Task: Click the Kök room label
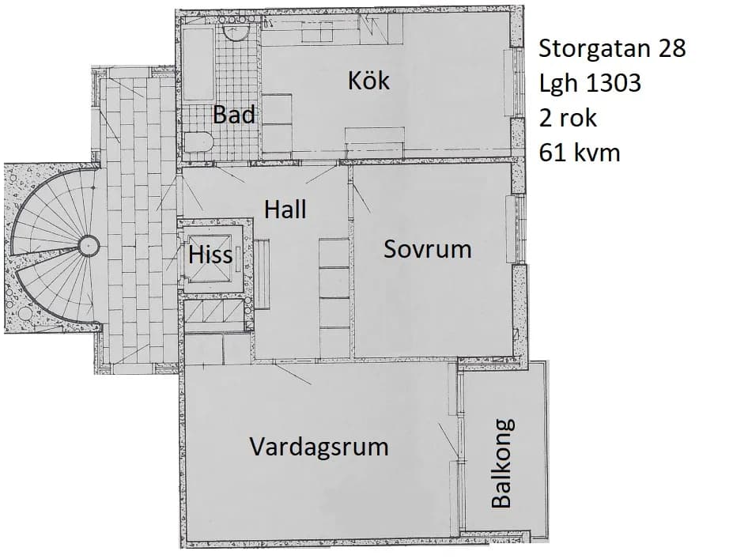(368, 80)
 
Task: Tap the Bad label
(235, 115)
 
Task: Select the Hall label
(285, 210)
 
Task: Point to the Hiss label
(210, 255)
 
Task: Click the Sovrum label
(427, 249)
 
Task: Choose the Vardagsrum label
(319, 447)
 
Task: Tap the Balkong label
(502, 463)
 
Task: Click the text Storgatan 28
(611, 49)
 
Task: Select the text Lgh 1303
(589, 83)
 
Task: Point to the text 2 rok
(568, 118)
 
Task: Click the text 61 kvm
(579, 152)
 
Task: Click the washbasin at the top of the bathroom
(235, 32)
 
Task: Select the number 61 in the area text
(550, 152)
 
